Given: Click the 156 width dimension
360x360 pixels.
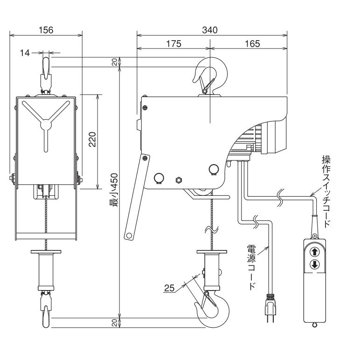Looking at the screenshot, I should click(x=45, y=30).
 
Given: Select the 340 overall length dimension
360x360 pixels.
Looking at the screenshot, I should click(x=211, y=30).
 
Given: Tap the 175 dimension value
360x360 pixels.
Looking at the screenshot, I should click(x=173, y=43).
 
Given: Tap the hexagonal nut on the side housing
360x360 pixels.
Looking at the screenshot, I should click(x=178, y=180).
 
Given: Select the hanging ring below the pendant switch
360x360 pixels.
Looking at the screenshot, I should click(x=314, y=325).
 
